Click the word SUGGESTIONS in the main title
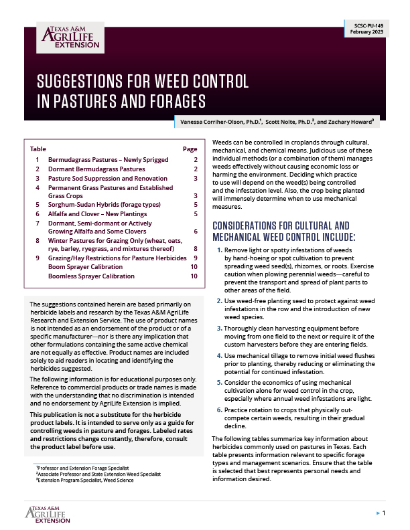point(81,82)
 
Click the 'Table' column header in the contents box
point(38,149)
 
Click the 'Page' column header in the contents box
point(190,149)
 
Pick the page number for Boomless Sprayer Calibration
point(193,276)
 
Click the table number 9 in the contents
point(38,257)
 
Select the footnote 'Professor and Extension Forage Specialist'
point(82,467)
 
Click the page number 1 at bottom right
point(383,513)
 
